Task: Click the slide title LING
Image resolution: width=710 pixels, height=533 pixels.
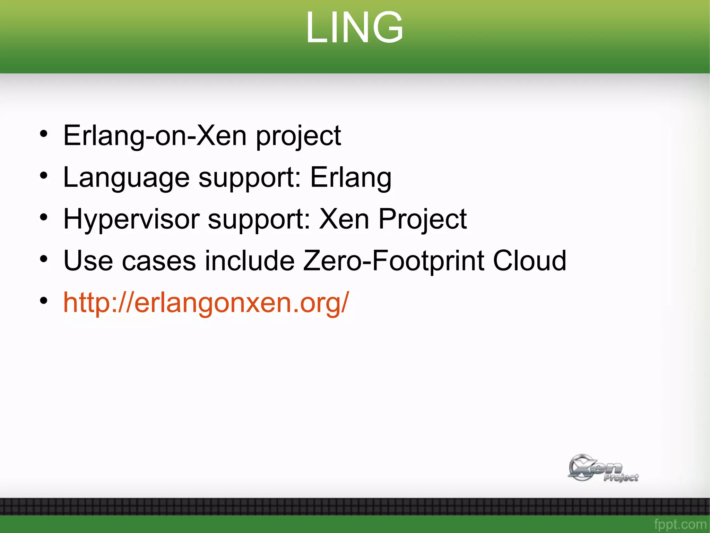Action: click(x=354, y=28)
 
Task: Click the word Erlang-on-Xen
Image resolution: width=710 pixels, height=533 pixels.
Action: click(x=155, y=136)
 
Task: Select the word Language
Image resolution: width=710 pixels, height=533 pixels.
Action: click(x=126, y=178)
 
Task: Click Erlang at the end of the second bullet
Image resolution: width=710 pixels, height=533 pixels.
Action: click(x=350, y=178)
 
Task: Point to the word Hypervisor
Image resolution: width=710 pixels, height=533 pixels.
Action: click(x=131, y=220)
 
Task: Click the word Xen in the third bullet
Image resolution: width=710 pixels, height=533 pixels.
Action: click(x=344, y=219)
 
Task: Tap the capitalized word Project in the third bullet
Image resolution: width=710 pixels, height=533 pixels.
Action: click(x=422, y=220)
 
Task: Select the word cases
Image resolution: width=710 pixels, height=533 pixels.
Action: click(x=159, y=261)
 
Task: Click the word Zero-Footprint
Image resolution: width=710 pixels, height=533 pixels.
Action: click(x=393, y=261)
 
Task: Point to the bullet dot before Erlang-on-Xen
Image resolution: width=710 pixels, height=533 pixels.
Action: click(x=43, y=134)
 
